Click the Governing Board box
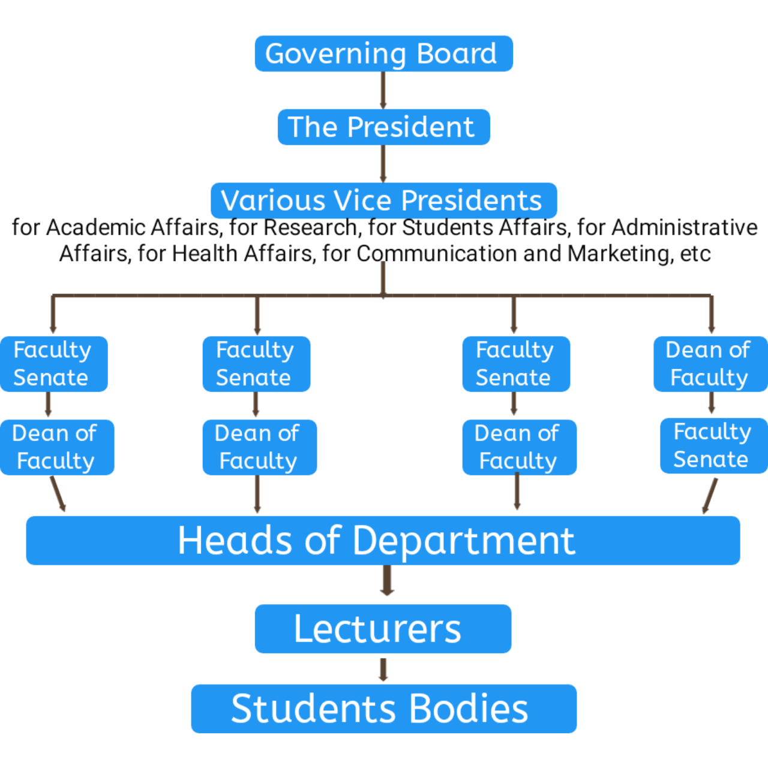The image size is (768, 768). click(384, 53)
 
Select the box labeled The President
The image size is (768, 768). click(384, 127)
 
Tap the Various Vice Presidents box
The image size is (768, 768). click(384, 200)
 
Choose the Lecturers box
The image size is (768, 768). click(383, 629)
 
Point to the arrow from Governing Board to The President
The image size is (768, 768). click(383, 90)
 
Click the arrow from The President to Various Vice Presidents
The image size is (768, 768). click(383, 163)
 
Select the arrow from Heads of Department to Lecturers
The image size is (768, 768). click(387, 581)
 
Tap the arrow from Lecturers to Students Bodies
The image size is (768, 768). click(383, 669)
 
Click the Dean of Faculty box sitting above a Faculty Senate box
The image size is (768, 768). click(710, 364)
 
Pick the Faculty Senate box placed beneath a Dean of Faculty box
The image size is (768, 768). click(713, 446)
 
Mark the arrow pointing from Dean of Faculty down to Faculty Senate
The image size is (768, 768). click(712, 404)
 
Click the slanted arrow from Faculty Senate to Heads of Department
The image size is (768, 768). click(710, 496)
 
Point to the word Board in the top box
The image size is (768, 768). click(457, 53)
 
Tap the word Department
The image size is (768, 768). click(464, 541)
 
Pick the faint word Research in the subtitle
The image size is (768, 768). click(310, 228)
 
